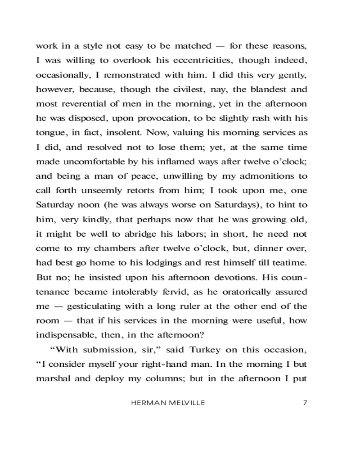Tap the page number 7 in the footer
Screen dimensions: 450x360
305,403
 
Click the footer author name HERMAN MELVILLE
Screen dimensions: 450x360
168,403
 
